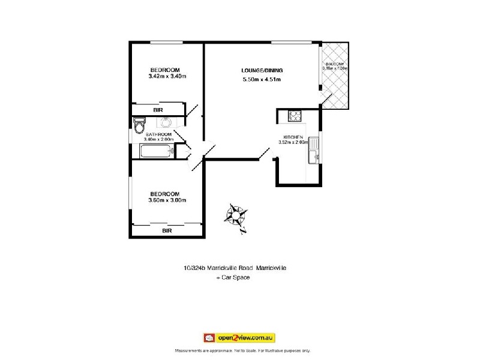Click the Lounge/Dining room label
tap(261, 70)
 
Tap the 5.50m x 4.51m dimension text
tap(261, 79)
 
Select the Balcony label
tap(334, 63)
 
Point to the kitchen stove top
tap(296, 115)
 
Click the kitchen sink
tap(313, 150)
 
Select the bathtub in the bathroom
tap(156, 150)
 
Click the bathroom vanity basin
tap(166, 122)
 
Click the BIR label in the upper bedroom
tap(158, 110)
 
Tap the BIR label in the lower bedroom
tap(167, 230)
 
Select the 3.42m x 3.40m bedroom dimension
tap(167, 76)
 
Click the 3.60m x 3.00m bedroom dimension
tap(167, 200)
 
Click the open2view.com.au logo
tap(239, 338)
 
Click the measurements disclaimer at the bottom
tap(242, 350)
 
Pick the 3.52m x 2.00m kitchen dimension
tap(292, 142)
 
